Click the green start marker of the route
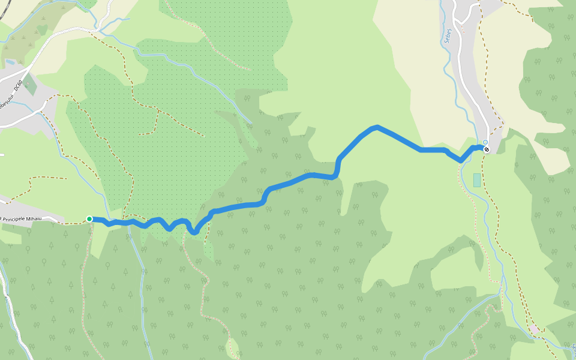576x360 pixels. pos(89,219)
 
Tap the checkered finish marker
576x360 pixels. pos(487,149)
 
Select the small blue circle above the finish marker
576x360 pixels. pos(485,142)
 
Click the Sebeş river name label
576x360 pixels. pos(448,37)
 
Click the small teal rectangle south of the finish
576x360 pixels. pos(477,180)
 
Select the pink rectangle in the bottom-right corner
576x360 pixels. pos(533,329)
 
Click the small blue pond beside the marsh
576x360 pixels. pos(10,62)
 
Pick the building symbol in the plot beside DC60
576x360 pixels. pos(30,85)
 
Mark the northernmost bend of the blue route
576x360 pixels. pos(376,127)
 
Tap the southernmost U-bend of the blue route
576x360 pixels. pos(194,233)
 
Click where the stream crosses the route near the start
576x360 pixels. pos(128,223)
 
